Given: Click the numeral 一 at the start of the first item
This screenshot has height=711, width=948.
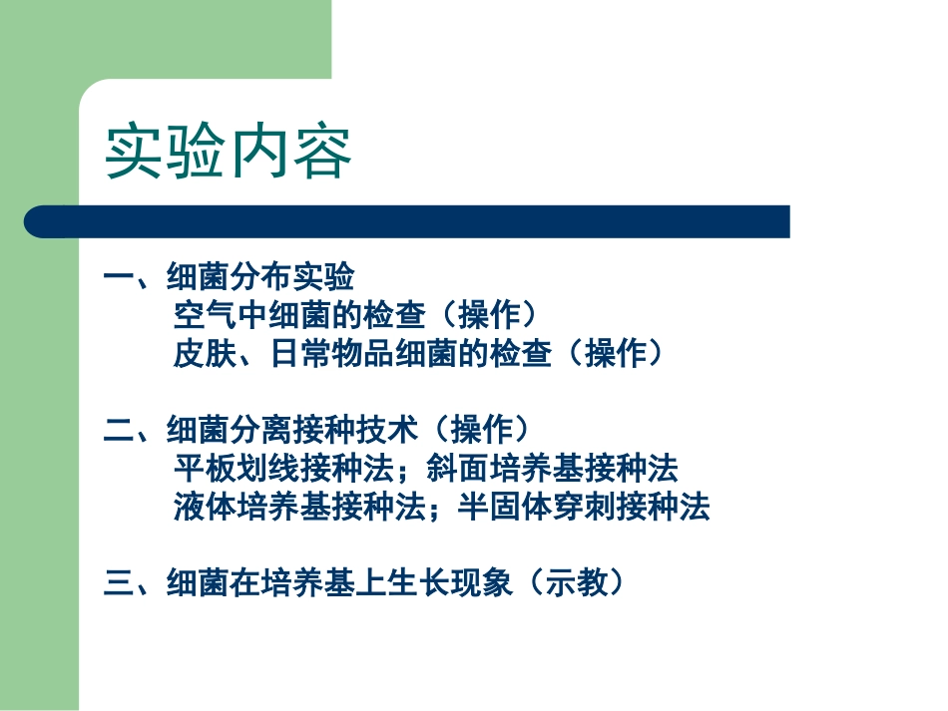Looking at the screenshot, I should point(119,276).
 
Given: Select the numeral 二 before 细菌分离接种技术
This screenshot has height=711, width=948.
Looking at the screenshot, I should point(119,430).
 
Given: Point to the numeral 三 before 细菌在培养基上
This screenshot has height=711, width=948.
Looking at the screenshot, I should point(119,582).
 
